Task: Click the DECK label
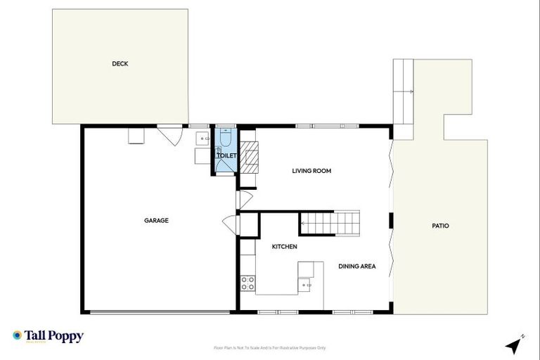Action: [120, 64]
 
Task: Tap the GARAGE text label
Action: [156, 221]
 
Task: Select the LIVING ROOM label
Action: [311, 171]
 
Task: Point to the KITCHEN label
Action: [285, 247]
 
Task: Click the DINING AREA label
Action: [356, 266]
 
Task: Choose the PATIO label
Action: [440, 226]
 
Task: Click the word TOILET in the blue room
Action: [226, 155]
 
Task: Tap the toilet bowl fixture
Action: [224, 140]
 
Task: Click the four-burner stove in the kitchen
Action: [247, 283]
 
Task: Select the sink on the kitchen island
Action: [305, 285]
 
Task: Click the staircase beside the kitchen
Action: [330, 223]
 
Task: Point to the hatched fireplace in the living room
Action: [249, 156]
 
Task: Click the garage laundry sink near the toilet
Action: [201, 138]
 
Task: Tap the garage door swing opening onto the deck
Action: [169, 133]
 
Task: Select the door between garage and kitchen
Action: [231, 225]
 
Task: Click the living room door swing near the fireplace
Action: [243, 200]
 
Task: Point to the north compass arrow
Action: [515, 345]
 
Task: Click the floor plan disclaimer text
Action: [270, 347]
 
